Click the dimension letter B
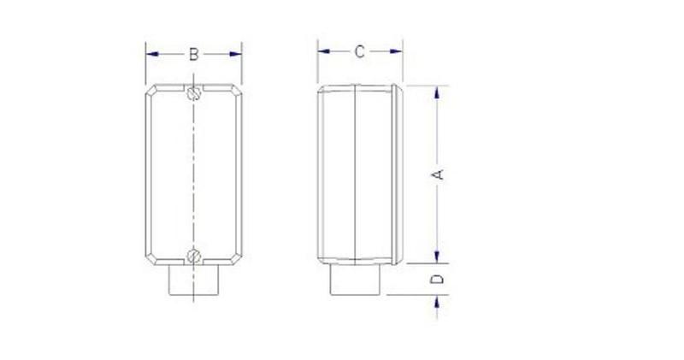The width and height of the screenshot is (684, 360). pos(194,54)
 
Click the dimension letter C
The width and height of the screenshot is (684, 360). pos(360,52)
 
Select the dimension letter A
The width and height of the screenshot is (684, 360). pos(438,174)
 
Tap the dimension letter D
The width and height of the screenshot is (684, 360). pos(438,279)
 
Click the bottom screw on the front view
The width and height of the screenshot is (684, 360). pos(194,254)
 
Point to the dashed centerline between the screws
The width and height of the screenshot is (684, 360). pos(194,171)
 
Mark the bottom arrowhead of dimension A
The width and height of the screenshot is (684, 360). pos(438,258)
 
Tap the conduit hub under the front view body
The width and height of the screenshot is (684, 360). pos(194,281)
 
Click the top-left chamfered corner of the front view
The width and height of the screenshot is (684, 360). pos(150,91)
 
